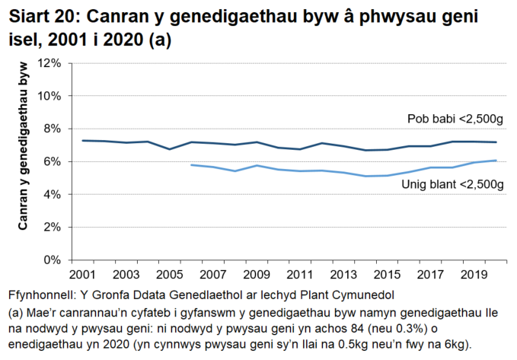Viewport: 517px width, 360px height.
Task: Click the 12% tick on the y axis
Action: pyautogui.click(x=49, y=63)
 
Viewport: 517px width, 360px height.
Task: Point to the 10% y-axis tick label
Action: pyautogui.click(x=49, y=96)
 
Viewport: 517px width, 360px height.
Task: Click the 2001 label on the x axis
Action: pyautogui.click(x=82, y=274)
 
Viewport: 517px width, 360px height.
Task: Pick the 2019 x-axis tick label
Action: pyautogui.click(x=474, y=274)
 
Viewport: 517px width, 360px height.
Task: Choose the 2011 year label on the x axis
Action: pyautogui.click(x=299, y=274)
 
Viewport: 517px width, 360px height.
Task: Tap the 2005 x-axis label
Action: pyautogui.click(x=169, y=274)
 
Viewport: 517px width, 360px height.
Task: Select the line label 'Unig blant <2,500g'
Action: pyautogui.click(x=452, y=185)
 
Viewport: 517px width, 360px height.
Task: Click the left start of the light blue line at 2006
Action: pyautogui.click(x=191, y=164)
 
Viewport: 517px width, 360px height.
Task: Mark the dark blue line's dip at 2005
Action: pyautogui.click(x=169, y=149)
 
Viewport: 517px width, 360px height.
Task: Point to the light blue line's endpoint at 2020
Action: pyautogui.click(x=496, y=161)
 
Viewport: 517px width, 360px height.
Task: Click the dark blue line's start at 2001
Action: pyautogui.click(x=82, y=140)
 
